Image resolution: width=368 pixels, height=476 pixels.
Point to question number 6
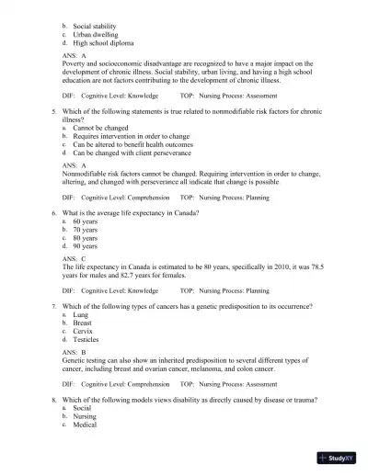point(54,212)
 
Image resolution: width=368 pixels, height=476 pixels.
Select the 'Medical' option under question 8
point(85,424)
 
